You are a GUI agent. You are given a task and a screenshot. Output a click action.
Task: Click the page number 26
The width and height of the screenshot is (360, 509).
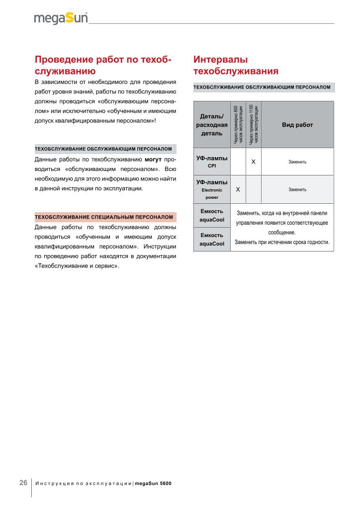point(23,483)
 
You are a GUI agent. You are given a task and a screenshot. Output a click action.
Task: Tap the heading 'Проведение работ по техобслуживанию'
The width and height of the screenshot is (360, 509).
point(103,65)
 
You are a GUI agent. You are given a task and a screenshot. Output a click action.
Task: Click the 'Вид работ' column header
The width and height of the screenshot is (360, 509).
point(297,125)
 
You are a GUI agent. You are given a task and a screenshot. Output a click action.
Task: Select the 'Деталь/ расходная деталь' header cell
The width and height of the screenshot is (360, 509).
point(212,125)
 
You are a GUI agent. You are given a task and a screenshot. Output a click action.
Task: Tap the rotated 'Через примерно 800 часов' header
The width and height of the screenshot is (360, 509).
point(238,125)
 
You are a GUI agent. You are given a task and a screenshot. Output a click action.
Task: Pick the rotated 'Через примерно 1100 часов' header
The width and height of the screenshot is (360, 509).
point(254,125)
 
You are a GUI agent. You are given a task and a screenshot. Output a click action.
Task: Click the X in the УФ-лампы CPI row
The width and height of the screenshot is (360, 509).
point(254,162)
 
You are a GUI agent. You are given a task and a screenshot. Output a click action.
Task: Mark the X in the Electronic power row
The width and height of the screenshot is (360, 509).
point(238,189)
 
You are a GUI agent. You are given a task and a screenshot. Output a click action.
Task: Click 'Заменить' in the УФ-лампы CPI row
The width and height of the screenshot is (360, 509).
point(297,162)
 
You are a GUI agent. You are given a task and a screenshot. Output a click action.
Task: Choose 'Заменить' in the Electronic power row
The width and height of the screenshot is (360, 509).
point(297,189)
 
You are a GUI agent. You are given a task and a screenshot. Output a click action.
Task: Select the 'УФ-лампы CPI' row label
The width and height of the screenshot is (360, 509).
point(212,162)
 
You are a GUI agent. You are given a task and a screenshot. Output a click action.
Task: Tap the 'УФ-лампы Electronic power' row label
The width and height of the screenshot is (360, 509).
point(212,189)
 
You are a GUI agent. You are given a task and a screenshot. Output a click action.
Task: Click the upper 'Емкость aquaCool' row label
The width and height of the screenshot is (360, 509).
point(212,215)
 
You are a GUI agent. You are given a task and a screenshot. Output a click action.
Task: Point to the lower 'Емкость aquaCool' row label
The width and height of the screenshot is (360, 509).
point(212,239)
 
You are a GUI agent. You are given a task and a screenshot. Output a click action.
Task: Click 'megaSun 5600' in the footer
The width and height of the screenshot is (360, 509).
point(153,483)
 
